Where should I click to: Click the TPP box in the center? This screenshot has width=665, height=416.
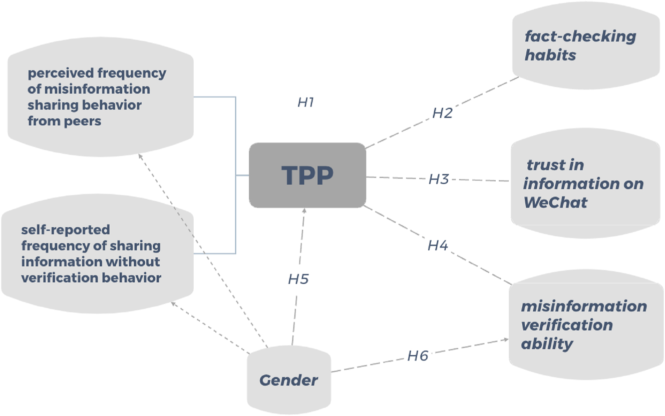point(307,175)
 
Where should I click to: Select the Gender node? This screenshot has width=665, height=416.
point(288,380)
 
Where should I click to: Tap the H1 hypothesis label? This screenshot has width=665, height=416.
point(305,102)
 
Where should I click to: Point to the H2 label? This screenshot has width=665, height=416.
point(442,113)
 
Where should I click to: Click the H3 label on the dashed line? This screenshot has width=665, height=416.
point(439,179)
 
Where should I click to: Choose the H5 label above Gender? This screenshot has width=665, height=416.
point(298,279)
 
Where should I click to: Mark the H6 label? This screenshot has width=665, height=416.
point(418,355)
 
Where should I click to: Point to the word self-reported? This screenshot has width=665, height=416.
point(65,229)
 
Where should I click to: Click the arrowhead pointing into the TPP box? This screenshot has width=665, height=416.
point(303,212)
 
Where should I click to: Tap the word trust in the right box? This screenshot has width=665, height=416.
point(548,164)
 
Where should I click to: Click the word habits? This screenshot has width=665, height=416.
point(550,55)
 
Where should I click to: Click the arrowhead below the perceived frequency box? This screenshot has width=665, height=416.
point(140,156)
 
